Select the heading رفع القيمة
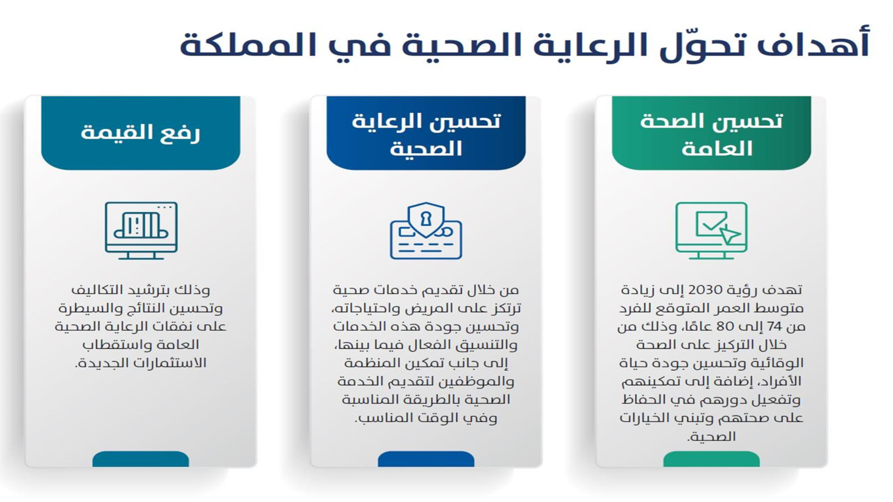pos(140,132)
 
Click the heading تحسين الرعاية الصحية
pos(426,134)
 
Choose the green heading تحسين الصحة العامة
pos(712,134)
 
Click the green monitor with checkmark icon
pos(711,230)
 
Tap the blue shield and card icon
pos(426,230)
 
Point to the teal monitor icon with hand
pos(141,230)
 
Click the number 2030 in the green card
pos(705,290)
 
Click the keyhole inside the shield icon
pos(426,219)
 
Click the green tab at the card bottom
pos(711,459)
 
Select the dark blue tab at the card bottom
pos(426,459)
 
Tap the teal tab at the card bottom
pos(141,459)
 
